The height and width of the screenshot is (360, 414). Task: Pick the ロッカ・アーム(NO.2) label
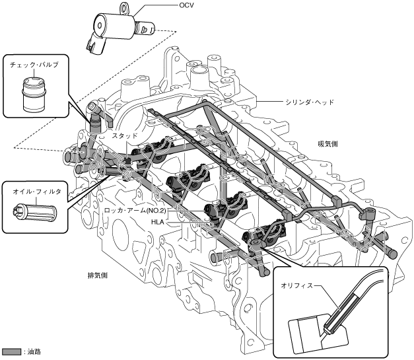pos(139,210)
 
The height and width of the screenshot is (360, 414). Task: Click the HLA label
pos(157,223)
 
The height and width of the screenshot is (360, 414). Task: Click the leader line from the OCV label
pos(158,7)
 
